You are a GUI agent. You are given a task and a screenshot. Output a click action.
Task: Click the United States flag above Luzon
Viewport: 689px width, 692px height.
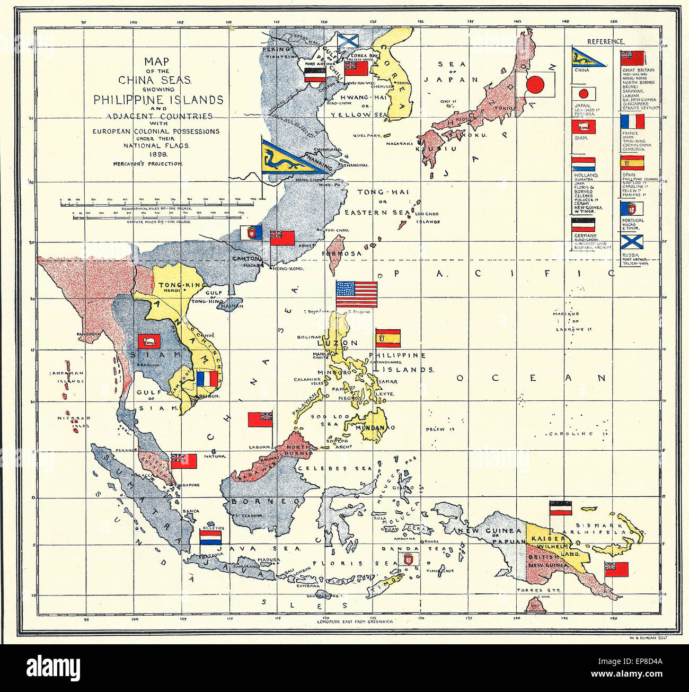357,294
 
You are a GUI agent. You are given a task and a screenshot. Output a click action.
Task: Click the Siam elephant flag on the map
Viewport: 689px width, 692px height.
149,341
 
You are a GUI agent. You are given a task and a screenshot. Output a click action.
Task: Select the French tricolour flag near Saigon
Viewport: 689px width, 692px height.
207,379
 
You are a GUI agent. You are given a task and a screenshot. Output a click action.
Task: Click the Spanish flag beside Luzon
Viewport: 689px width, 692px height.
388,338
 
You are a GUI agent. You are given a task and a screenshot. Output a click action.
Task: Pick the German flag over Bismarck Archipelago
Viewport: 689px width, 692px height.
560,508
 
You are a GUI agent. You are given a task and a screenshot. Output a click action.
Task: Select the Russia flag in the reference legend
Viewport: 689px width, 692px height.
632,242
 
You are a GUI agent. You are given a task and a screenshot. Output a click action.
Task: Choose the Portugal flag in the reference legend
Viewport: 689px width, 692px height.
632,208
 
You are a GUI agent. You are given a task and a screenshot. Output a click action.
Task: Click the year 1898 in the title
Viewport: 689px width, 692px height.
148,154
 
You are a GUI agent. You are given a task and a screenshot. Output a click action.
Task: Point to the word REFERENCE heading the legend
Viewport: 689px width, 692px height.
605,41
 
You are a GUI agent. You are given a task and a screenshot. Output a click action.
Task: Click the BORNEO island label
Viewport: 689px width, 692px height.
263,501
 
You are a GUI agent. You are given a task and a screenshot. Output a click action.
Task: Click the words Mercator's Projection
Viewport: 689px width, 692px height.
148,164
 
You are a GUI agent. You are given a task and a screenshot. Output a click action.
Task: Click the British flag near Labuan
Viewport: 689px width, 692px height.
260,419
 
